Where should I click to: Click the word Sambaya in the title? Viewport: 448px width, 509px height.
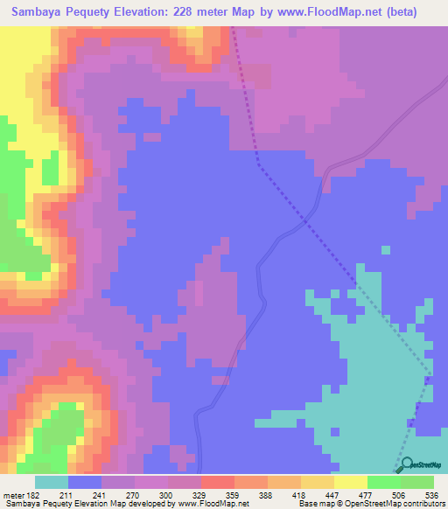coord(42,12)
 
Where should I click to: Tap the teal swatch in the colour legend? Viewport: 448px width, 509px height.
coord(51,483)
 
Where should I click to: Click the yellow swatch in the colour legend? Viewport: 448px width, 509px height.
coord(350,483)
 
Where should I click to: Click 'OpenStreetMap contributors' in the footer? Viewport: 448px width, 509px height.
coord(402,504)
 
